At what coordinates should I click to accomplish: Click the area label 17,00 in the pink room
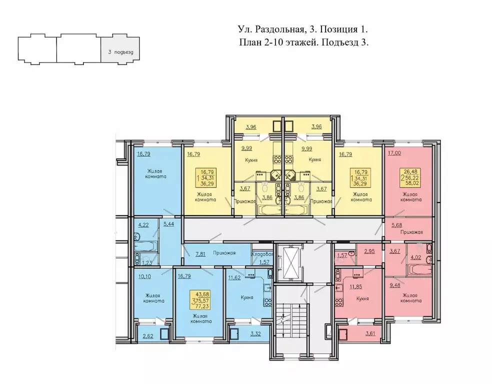[394, 153]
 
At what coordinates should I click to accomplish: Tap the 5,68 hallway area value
[396, 225]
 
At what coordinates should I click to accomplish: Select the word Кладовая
[262, 254]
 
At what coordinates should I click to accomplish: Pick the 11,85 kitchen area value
[356, 286]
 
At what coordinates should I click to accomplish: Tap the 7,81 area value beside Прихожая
[200, 254]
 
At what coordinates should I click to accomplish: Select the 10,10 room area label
[144, 276]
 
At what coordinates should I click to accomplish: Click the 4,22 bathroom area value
[143, 224]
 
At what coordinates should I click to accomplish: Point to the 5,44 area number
[168, 224]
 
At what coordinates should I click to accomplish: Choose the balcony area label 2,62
[148, 336]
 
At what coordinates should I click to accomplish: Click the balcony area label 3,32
[255, 334]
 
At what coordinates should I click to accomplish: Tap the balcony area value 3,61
[370, 333]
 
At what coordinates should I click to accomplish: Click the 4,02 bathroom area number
[416, 258]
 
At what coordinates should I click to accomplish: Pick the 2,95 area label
[369, 251]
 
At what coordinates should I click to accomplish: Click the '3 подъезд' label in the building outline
[120, 52]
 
